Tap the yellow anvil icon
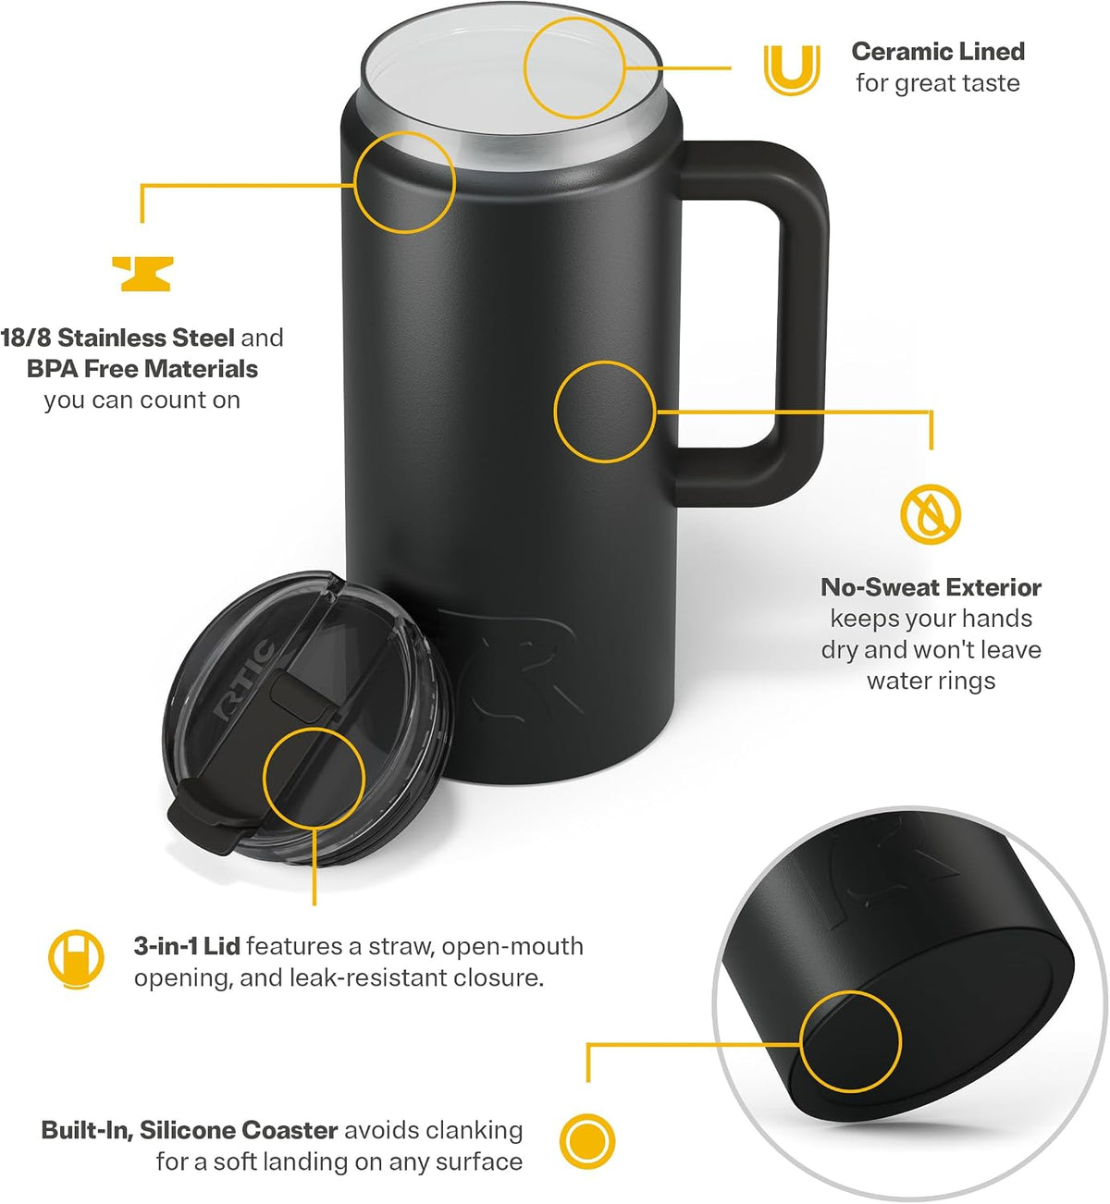coord(143,274)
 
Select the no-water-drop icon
coord(931,514)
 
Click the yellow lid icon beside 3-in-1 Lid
coord(76,959)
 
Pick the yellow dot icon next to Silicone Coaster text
coord(586,1141)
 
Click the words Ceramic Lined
coord(938,52)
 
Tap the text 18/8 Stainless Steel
coord(117,338)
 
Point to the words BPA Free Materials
coord(142,369)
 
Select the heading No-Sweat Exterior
coord(931,587)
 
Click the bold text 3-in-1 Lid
coord(187,947)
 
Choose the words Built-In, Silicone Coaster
coord(190,1131)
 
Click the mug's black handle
coord(806,324)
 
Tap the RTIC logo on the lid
coord(244,679)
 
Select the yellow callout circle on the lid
coord(263,779)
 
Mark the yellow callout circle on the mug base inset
coord(800,1041)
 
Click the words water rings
coord(931,682)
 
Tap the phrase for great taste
coord(938,83)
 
